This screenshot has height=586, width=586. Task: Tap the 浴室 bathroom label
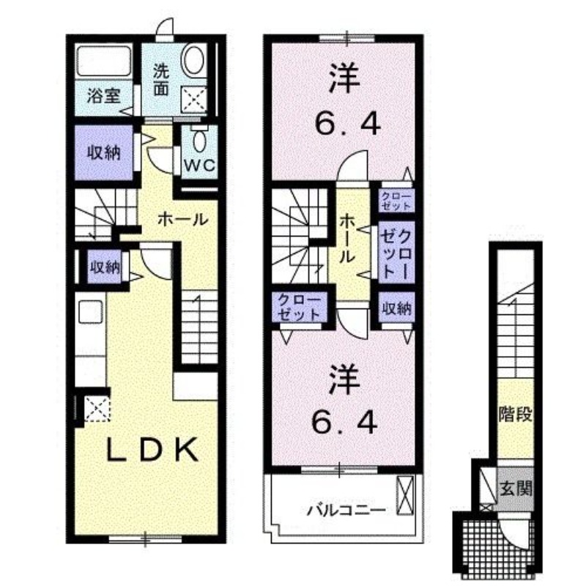(104, 95)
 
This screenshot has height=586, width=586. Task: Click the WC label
(199, 166)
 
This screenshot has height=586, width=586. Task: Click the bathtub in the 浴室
(103, 62)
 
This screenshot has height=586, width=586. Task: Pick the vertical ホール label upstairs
(348, 238)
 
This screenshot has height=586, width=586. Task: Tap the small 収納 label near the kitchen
(105, 267)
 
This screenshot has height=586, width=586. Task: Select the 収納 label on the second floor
(396, 308)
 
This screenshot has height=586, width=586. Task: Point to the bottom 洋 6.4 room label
(346, 401)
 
